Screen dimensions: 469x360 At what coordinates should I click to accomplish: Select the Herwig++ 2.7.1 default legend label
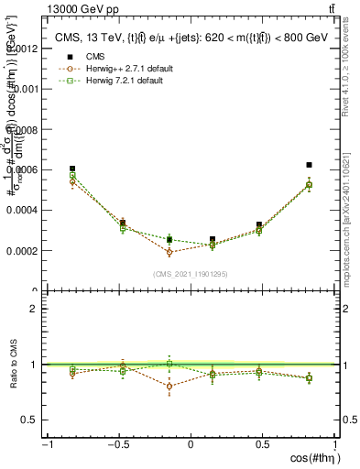(x=124, y=69)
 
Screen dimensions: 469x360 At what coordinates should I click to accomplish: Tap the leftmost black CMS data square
(x=72, y=169)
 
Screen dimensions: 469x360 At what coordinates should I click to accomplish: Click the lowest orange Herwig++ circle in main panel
(x=169, y=252)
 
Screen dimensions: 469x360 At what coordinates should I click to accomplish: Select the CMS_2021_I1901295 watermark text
(x=190, y=274)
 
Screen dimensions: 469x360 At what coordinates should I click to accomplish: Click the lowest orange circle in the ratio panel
(x=169, y=387)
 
